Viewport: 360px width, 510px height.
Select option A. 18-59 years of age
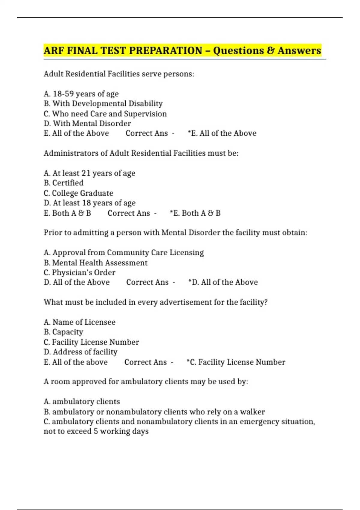click(x=81, y=94)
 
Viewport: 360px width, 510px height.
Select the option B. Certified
click(x=64, y=183)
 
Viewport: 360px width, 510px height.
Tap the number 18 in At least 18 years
click(x=86, y=203)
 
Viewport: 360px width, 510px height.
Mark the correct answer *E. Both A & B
click(x=195, y=213)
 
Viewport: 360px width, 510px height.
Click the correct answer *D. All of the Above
click(x=223, y=282)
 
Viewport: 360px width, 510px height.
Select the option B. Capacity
click(x=63, y=332)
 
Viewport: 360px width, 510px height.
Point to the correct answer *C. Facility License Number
click(x=236, y=362)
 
